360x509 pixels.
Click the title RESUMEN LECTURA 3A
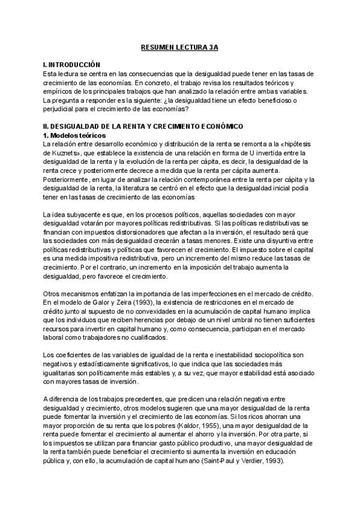[x=179, y=46]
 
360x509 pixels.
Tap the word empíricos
[x=57, y=91]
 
